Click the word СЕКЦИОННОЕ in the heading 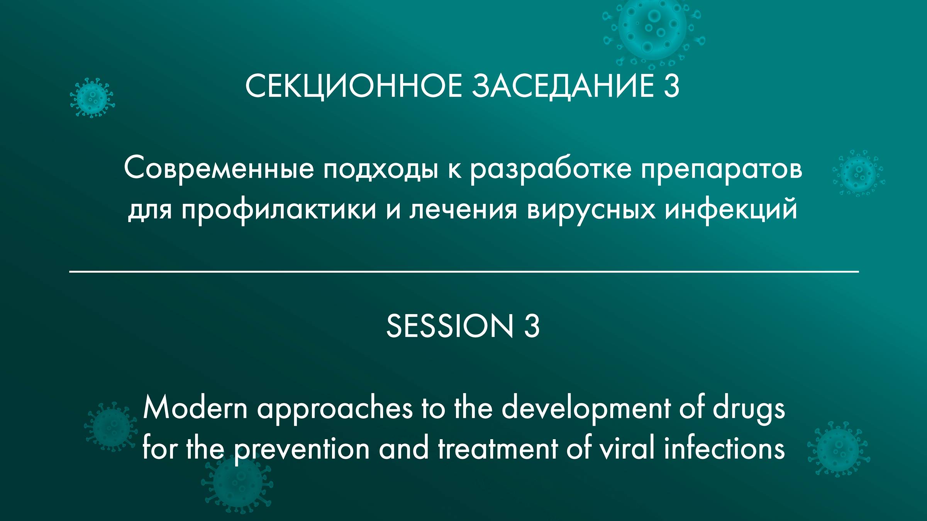coord(353,86)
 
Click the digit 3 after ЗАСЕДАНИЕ coord(671,86)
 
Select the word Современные coord(219,169)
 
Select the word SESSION coord(450,326)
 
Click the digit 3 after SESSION coord(532,326)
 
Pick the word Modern coord(195,408)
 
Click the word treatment coord(498,449)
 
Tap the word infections coord(724,449)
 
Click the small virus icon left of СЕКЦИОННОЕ coord(92,98)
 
